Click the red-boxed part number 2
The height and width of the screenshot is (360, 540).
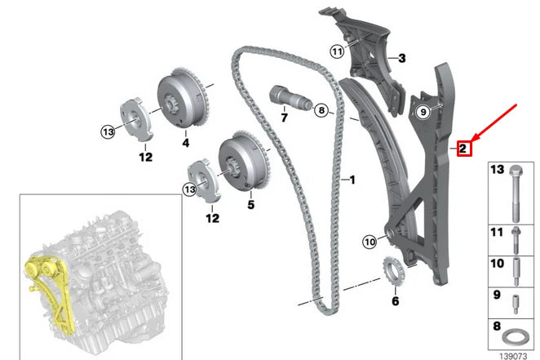462,148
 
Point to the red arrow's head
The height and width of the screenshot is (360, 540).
467,136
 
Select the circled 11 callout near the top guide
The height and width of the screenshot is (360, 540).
338,51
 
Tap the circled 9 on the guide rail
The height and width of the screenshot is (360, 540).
423,113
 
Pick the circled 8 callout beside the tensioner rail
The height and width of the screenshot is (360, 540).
321,109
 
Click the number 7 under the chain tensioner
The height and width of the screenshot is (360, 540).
284,118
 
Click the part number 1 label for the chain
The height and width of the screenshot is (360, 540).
352,178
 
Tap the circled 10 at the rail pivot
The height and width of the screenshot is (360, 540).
370,241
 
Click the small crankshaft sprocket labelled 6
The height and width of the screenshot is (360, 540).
392,269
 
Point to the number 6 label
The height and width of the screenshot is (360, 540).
396,301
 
